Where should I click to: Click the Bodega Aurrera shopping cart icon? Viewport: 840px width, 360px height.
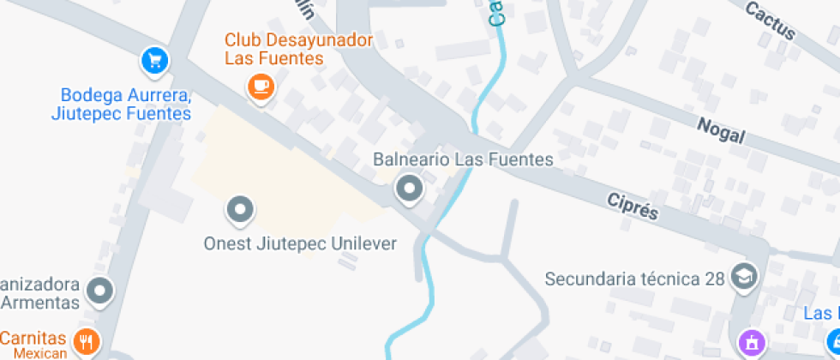pyautogui.click(x=154, y=60)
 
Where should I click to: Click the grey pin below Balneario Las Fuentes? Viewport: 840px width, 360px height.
pyautogui.click(x=409, y=187)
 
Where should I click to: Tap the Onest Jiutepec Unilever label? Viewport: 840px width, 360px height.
pyautogui.click(x=300, y=243)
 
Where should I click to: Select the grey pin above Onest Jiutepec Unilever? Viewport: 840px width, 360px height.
pyautogui.click(x=239, y=208)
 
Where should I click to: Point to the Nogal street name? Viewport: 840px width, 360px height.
pyautogui.click(x=721, y=131)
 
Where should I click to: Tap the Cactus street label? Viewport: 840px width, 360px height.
pyautogui.click(x=770, y=21)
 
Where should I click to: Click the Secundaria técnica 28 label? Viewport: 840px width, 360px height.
pyautogui.click(x=635, y=279)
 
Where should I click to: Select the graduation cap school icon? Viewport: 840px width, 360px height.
pyautogui.click(x=744, y=277)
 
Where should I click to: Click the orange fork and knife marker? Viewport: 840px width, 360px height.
pyautogui.click(x=86, y=342)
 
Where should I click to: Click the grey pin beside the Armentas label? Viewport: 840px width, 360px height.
pyautogui.click(x=101, y=290)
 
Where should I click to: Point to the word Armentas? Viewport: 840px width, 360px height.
pyautogui.click(x=41, y=303)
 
